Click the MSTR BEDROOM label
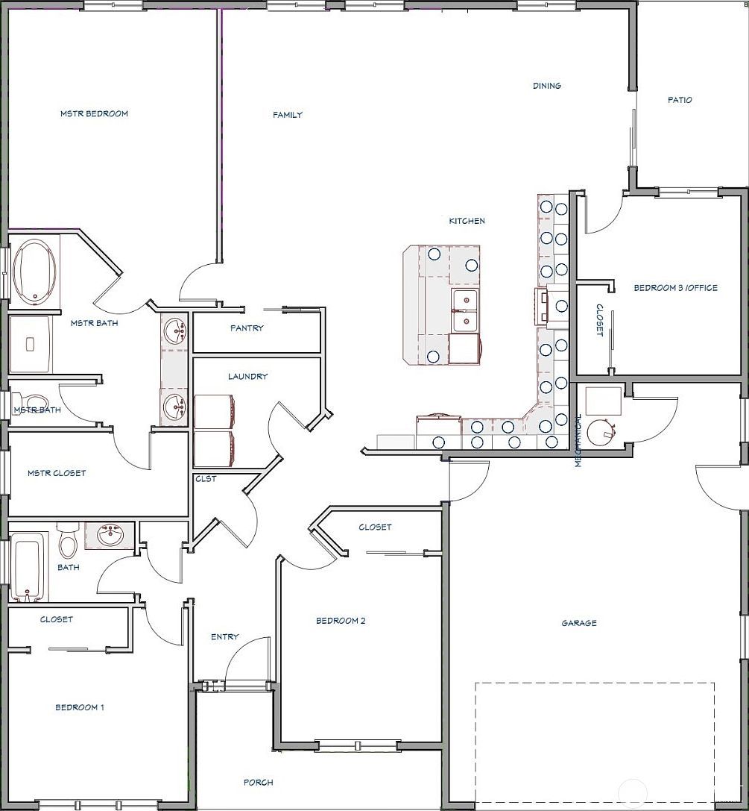(94, 114)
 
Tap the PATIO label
(680, 100)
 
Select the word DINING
(547, 86)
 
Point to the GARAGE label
(579, 623)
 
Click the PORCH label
(259, 783)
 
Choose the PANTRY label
(247, 328)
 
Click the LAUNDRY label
(248, 377)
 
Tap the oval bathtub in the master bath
(35, 272)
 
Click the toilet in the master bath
(31, 402)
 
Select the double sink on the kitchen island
(465, 310)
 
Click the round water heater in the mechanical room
(601, 431)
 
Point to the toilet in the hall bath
(67, 539)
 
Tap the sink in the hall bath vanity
(110, 536)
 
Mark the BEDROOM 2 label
(341, 621)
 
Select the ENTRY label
(225, 636)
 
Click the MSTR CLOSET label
(57, 473)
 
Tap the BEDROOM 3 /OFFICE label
(676, 287)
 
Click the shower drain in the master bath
(30, 344)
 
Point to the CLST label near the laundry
(206, 479)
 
